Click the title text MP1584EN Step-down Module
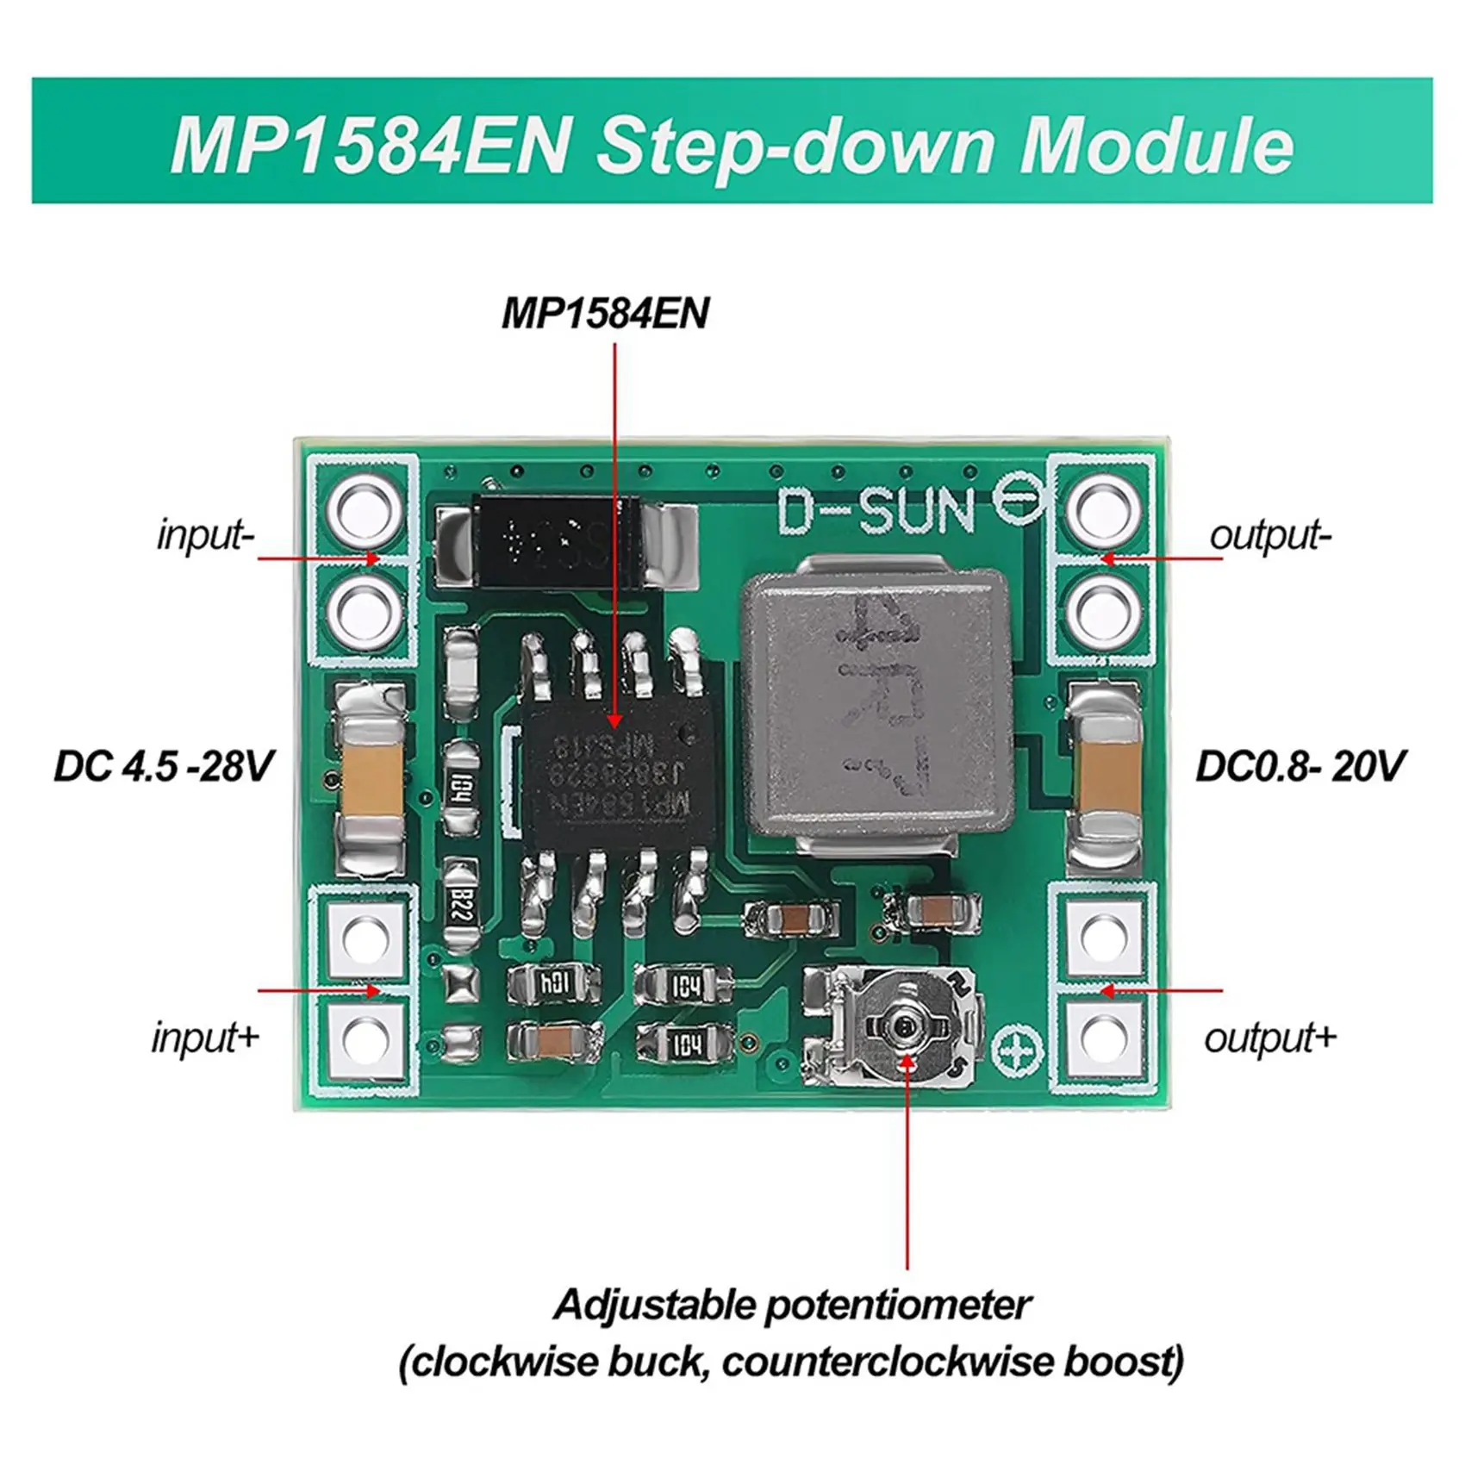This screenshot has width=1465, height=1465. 732,142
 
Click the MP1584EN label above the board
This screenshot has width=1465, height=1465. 605,313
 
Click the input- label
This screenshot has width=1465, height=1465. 205,535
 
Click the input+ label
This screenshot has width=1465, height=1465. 205,1037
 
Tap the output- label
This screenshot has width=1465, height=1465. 1270,535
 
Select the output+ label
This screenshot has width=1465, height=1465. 1270,1038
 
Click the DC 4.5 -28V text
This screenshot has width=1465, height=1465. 164,766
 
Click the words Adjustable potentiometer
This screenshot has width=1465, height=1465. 791,1305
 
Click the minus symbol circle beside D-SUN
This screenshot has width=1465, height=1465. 1019,502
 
